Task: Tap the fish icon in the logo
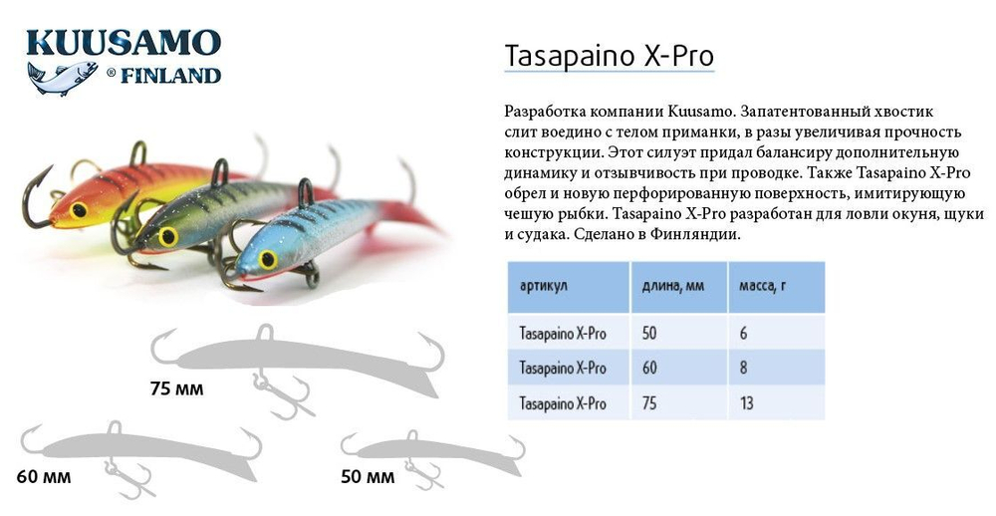[x=62, y=77]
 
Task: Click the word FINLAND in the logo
[x=170, y=76]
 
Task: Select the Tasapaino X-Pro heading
[x=610, y=56]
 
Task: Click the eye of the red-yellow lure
[x=79, y=210]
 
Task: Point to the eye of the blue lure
[x=267, y=259]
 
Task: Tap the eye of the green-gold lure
[x=167, y=235]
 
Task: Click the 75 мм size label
[x=175, y=388]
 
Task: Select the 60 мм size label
[x=44, y=476]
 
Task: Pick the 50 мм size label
[x=368, y=476]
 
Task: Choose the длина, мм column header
[x=668, y=286]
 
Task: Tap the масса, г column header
[x=762, y=286]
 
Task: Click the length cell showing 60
[x=649, y=368]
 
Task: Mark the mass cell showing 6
[x=743, y=333]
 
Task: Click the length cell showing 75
[x=649, y=402]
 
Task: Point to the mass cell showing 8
[x=743, y=368]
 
